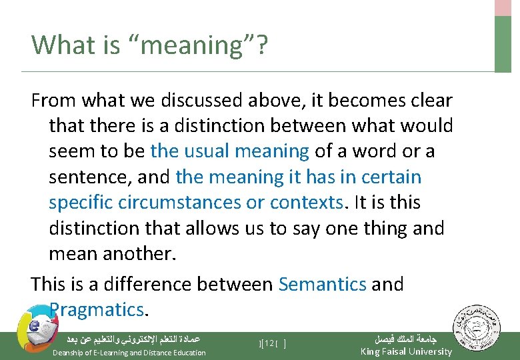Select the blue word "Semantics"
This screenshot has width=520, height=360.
click(x=323, y=284)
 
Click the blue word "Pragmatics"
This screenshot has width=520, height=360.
click(x=97, y=309)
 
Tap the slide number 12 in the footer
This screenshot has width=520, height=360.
click(x=269, y=343)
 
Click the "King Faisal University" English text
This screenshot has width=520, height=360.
click(x=406, y=351)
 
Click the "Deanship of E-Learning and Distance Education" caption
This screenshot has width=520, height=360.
click(x=129, y=353)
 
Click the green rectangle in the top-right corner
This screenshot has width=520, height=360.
click(x=503, y=43)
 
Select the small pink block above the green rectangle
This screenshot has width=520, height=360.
click(x=503, y=7)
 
